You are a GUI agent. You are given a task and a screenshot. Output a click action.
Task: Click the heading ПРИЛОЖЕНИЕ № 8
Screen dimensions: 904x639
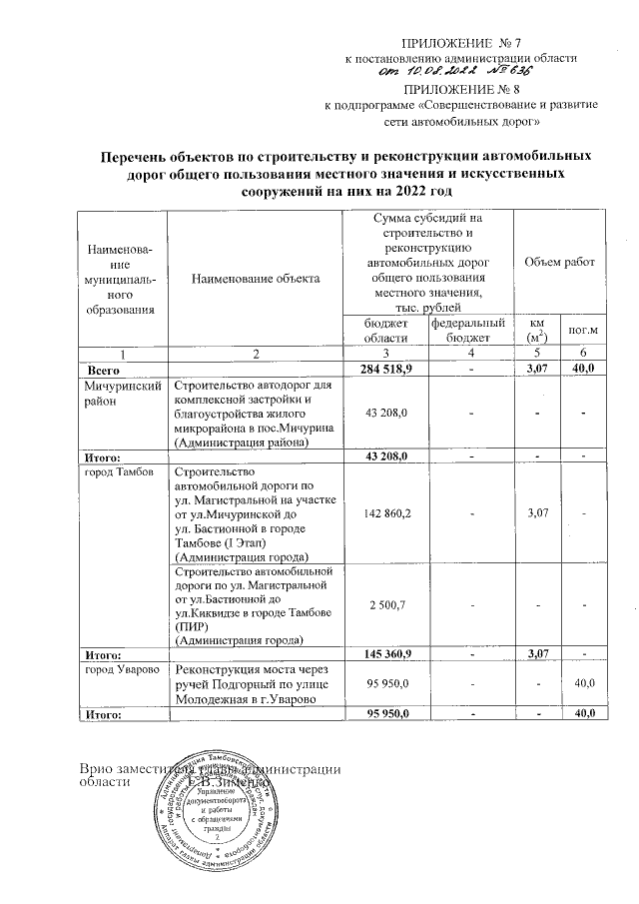click(461, 88)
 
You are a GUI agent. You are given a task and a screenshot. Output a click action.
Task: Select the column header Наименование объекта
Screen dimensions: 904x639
click(256, 279)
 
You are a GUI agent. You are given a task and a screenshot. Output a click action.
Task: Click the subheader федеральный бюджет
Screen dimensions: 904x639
click(468, 330)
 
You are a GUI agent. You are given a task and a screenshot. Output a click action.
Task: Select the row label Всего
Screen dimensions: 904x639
click(107, 370)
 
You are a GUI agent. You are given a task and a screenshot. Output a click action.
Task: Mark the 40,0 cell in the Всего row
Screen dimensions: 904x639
click(582, 370)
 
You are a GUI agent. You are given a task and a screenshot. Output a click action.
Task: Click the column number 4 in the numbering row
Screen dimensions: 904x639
click(468, 354)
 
